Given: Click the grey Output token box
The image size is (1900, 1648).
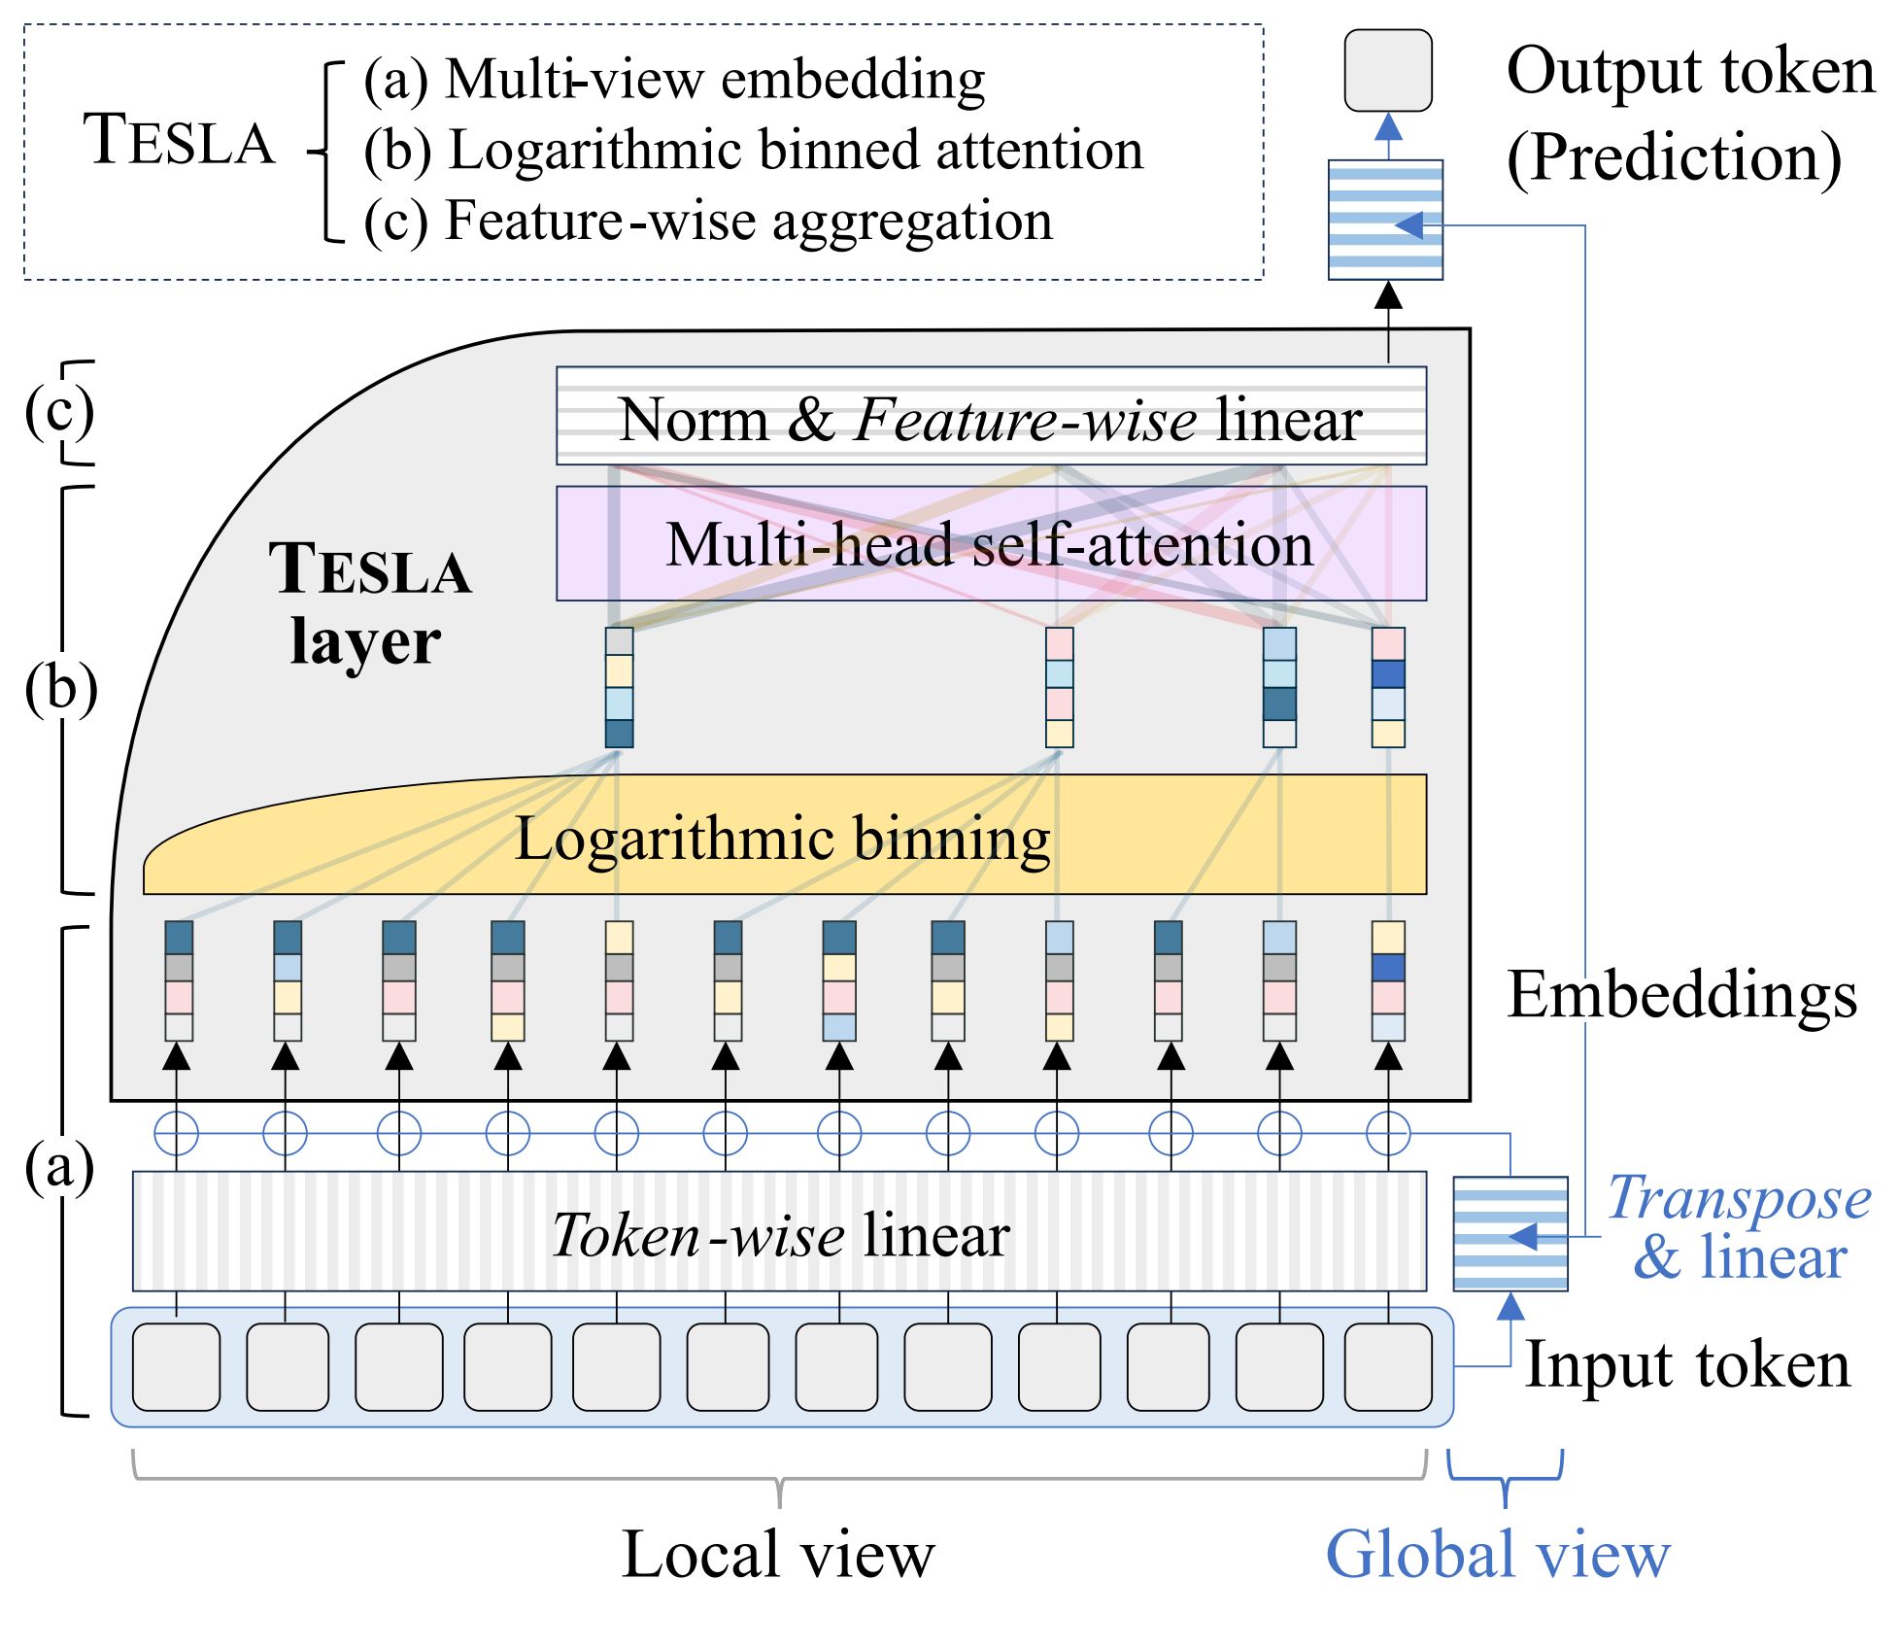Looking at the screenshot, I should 1387,71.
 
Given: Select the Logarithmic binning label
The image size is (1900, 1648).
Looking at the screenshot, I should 782,839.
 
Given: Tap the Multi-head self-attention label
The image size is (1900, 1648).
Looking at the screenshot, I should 989,544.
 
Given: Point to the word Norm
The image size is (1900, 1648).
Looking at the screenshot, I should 693,420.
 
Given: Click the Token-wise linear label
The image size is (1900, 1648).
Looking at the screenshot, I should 780,1235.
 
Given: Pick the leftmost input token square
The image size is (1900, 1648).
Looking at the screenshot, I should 176,1366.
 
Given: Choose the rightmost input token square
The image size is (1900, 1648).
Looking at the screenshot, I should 1387,1366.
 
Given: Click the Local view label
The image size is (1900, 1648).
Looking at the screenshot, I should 777,1555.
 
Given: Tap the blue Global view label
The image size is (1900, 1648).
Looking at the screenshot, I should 1497,1555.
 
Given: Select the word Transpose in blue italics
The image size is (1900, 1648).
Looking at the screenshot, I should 1738,1198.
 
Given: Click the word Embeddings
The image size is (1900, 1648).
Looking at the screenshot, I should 1681,995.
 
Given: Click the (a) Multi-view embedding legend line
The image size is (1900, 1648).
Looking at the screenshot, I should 674,79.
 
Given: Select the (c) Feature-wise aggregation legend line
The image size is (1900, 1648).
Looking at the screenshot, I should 708,221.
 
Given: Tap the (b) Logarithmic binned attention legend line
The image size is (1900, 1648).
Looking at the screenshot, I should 753,150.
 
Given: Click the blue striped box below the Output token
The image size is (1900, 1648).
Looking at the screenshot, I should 1385,220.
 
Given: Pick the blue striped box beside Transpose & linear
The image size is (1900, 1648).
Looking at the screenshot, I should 1510,1234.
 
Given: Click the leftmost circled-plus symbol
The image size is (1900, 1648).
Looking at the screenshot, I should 176,1133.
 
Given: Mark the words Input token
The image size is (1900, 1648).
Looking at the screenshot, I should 1687,1364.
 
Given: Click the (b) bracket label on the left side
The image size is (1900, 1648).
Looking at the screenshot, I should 60,688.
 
